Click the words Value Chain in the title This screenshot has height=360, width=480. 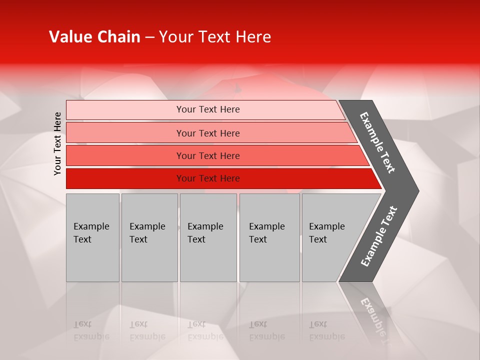point(94,37)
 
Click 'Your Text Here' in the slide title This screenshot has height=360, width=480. point(215,37)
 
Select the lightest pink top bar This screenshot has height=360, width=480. point(125,110)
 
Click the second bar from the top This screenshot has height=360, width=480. point(125,133)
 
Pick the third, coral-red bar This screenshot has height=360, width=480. point(125,155)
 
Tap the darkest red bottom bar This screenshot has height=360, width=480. point(125,178)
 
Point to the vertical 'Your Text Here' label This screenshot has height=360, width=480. point(57,143)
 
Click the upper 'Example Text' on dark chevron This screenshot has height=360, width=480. point(377,142)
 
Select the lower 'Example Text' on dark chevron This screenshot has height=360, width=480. point(379,236)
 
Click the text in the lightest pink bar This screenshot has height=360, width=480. point(208,109)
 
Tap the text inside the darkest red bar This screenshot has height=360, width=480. point(208,178)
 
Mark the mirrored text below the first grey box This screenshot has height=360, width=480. point(91,330)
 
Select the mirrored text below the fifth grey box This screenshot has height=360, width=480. point(326,330)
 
